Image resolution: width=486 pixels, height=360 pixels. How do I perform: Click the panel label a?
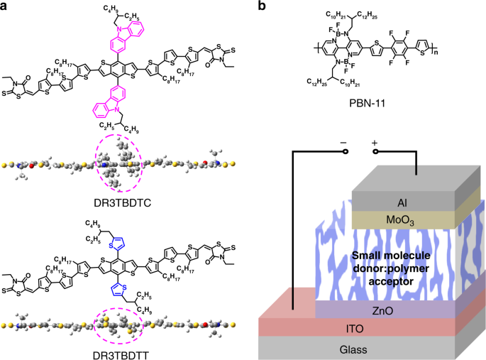coord(6,6)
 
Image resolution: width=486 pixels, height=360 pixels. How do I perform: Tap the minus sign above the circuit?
coord(344,142)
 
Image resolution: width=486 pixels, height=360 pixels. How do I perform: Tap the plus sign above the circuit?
coord(374,142)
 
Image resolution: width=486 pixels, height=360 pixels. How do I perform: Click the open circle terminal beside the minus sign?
coord(344,151)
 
